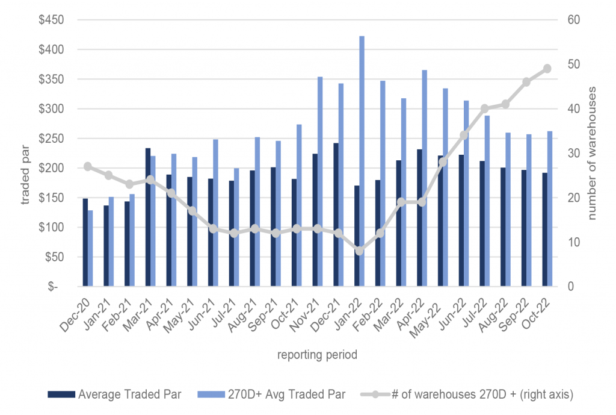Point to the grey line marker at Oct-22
pos(547,69)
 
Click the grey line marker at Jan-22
pos(360,251)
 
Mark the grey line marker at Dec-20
pos(88,166)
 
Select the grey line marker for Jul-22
pos(484,108)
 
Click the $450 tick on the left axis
pos(60,20)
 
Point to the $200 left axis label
pos(60,168)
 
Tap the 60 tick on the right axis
pos(570,20)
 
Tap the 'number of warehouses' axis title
pos(593,154)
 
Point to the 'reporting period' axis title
pos(317,355)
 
